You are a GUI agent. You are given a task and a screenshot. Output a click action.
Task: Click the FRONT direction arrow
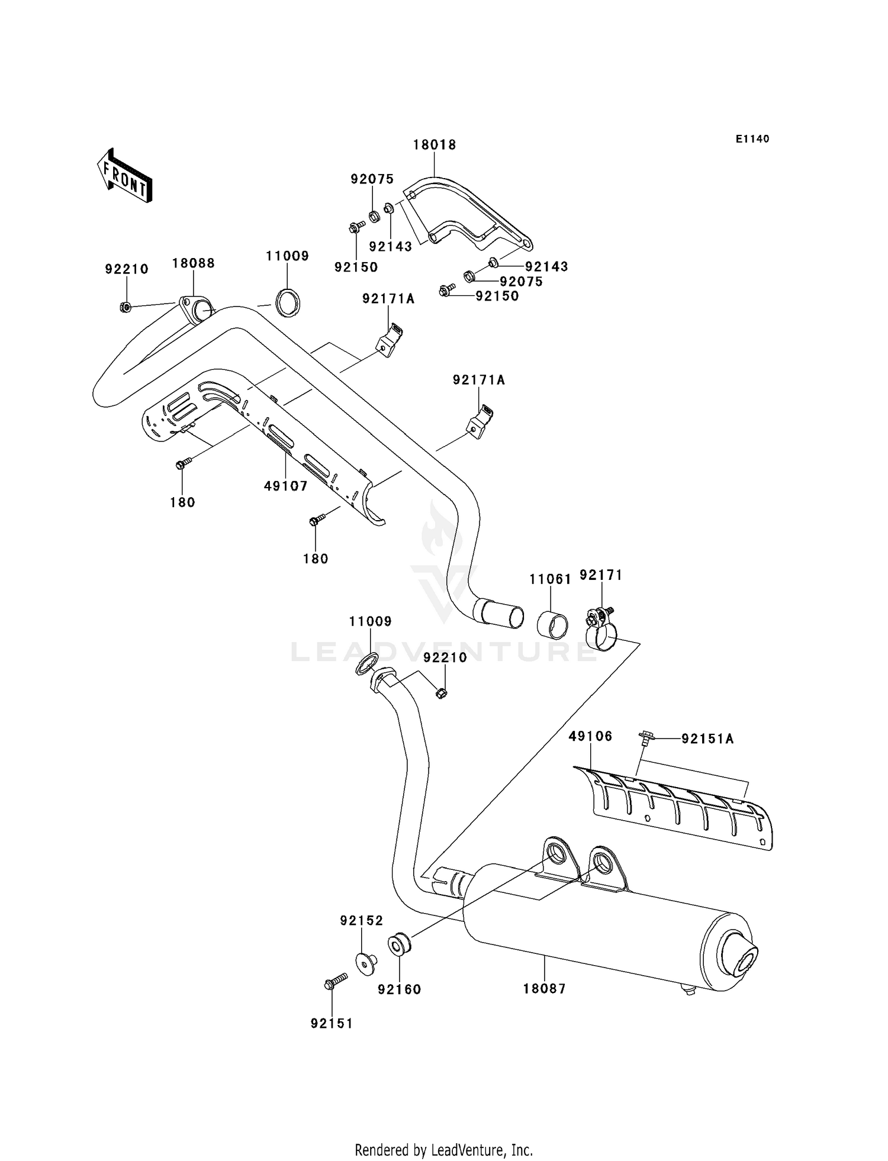(125, 176)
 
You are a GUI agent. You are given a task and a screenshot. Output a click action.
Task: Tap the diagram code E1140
(752, 139)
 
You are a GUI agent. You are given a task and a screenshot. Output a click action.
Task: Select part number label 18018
(435, 145)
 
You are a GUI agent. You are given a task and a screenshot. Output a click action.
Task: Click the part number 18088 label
(194, 263)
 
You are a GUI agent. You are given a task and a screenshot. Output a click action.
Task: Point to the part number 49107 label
(286, 486)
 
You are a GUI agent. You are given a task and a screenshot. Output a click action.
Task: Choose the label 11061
(550, 579)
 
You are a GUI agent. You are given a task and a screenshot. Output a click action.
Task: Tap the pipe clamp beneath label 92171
(601, 633)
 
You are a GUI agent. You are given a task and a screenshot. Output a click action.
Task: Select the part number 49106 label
(590, 737)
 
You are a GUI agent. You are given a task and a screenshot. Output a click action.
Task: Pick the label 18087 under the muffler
(545, 989)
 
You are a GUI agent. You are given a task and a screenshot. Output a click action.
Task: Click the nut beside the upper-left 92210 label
(125, 307)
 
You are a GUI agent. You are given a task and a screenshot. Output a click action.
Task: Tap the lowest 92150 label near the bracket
(497, 296)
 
